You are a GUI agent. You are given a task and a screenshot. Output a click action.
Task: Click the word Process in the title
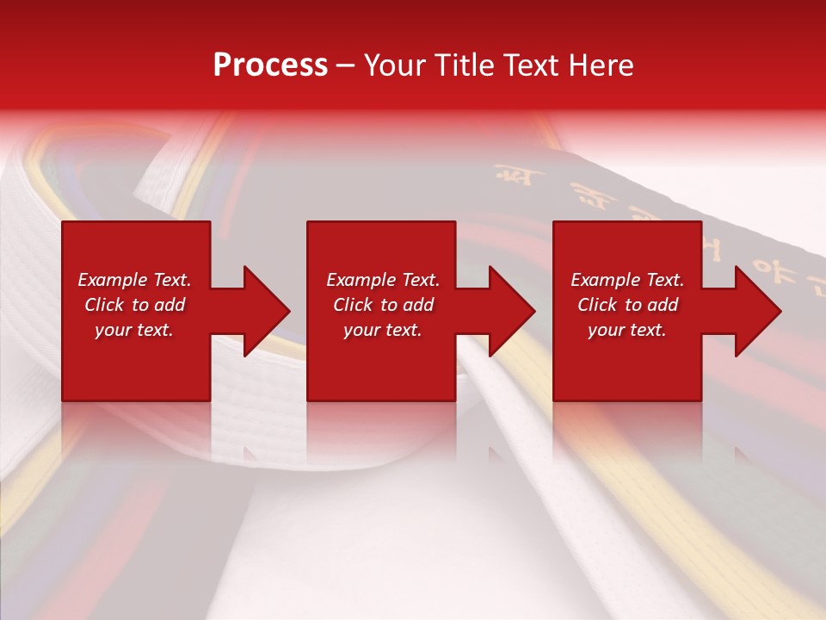(x=270, y=65)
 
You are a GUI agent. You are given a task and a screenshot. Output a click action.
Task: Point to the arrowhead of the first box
(x=262, y=311)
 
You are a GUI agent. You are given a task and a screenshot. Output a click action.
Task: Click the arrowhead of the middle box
(x=507, y=311)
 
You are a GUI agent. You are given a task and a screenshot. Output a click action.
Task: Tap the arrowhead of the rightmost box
(x=753, y=311)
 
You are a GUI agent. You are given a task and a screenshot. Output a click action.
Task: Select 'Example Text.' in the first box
(x=134, y=280)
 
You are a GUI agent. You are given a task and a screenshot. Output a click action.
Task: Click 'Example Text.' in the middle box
(x=383, y=280)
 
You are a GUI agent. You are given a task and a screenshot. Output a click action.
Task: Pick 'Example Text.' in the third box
(x=627, y=280)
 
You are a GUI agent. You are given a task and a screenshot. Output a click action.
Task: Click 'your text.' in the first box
(x=134, y=330)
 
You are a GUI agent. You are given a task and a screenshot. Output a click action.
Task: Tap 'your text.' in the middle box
(x=383, y=330)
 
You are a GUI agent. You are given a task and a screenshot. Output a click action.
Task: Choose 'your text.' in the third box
(x=627, y=330)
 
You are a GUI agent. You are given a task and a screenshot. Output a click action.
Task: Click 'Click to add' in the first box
(x=134, y=305)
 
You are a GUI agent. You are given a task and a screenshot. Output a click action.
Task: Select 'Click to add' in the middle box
(x=383, y=305)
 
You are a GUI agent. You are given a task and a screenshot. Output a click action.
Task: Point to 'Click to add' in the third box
(x=627, y=305)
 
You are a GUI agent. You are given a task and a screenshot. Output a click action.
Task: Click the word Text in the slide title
(x=528, y=65)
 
